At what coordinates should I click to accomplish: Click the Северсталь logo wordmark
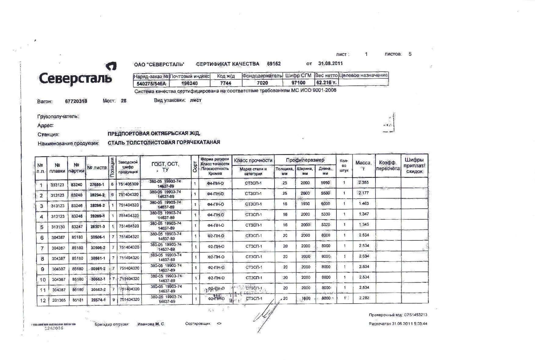tap(75, 78)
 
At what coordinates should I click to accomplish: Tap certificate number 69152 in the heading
tap(274, 64)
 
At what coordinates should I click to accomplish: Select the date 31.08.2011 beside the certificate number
tap(330, 63)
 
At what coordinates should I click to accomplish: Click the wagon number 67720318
tap(76, 101)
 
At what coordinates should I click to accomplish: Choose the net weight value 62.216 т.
tap(326, 83)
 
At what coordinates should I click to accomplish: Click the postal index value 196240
tap(189, 83)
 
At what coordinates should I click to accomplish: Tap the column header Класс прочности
tap(253, 160)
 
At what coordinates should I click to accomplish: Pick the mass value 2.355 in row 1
tap(364, 182)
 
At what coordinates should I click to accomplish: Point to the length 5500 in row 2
tap(325, 193)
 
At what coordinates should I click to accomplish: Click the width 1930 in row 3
tap(305, 204)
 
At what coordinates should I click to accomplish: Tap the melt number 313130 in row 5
tap(58, 227)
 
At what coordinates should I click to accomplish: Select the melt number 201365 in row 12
tap(59, 300)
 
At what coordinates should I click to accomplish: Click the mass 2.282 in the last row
tap(364, 298)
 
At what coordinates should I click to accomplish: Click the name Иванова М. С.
tap(151, 324)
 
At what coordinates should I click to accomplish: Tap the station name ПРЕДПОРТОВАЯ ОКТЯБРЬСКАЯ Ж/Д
tap(154, 134)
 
